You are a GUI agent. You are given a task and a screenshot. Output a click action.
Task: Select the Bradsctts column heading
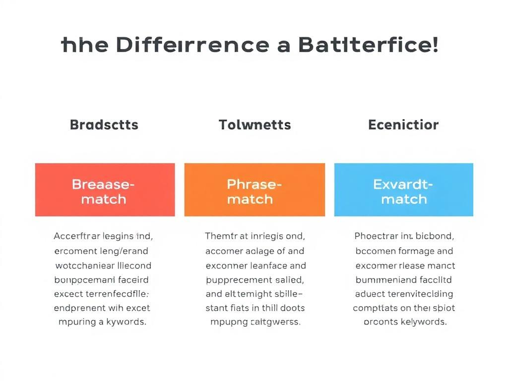click(104, 125)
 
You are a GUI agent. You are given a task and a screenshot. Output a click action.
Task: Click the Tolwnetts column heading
click(255, 125)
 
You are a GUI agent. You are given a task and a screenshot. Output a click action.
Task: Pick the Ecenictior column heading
click(403, 125)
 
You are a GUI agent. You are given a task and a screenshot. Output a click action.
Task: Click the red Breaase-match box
click(105, 190)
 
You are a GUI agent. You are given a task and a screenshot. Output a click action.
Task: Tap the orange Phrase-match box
click(254, 190)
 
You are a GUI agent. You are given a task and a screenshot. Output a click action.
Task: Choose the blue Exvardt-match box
click(403, 190)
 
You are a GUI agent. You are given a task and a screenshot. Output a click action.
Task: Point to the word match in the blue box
click(403, 199)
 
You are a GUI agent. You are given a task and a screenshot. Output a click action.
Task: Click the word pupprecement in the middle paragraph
click(236, 279)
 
